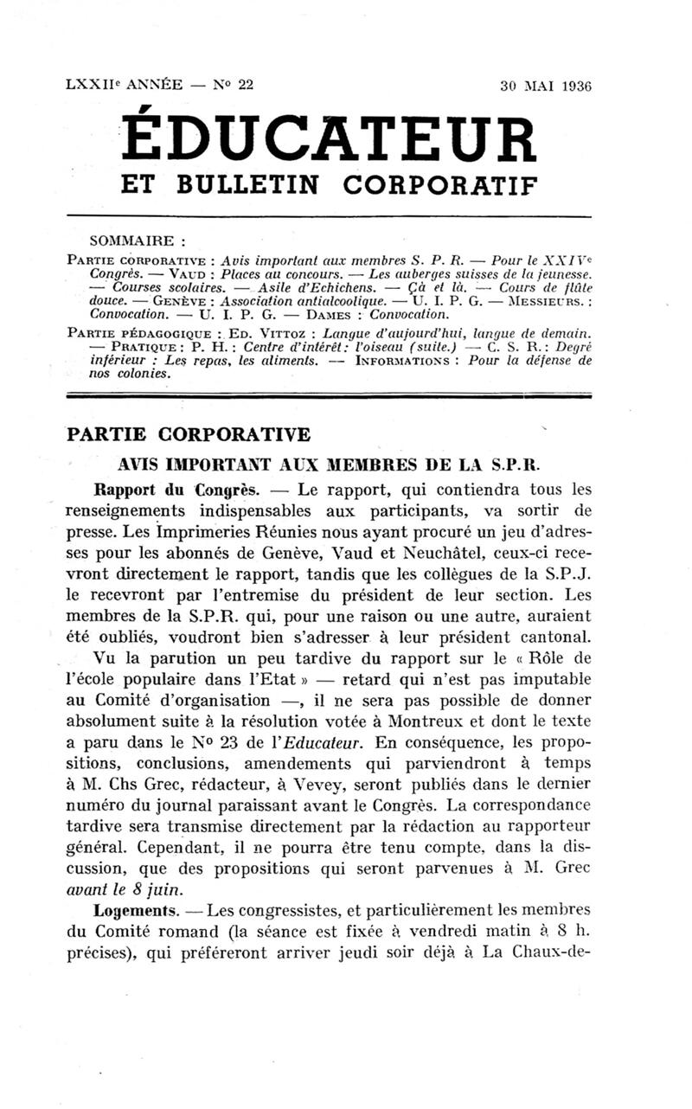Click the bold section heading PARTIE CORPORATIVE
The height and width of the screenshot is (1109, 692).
tap(188, 433)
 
